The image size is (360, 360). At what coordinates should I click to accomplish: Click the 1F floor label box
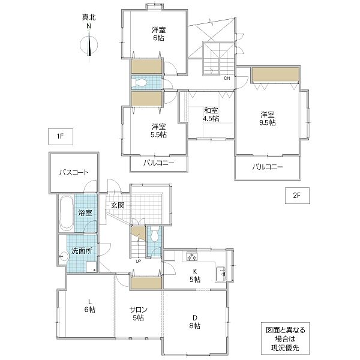click(61, 137)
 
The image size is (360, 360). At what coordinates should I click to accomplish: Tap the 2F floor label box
click(297, 196)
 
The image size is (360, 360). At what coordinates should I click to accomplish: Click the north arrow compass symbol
click(89, 45)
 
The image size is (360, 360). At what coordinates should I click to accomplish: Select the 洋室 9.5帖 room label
click(268, 118)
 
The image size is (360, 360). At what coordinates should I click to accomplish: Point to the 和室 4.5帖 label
click(211, 115)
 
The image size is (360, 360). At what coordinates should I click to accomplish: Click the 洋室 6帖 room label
click(158, 34)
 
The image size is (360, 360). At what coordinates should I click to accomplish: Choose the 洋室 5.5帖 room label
click(158, 131)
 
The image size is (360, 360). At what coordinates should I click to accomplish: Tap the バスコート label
click(74, 172)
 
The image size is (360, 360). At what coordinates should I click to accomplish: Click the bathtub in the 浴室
click(67, 213)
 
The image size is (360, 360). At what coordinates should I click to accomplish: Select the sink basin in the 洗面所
click(64, 256)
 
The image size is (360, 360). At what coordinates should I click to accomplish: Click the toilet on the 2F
click(140, 82)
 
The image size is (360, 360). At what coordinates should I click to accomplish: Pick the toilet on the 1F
click(155, 234)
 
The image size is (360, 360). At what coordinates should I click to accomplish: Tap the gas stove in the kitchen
click(192, 256)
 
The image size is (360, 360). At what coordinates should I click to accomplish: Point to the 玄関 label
click(118, 205)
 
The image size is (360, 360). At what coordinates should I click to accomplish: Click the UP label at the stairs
click(138, 261)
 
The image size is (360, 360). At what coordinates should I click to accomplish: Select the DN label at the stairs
click(227, 78)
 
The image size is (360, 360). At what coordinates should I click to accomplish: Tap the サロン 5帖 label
click(138, 314)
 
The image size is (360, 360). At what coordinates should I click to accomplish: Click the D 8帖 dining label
click(194, 322)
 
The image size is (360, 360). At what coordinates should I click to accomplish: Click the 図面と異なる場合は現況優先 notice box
click(285, 338)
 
